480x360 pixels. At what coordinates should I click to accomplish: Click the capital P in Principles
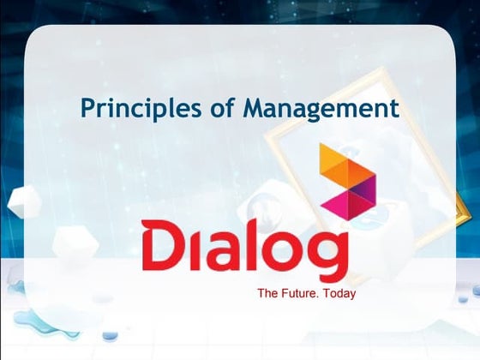point(87,109)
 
